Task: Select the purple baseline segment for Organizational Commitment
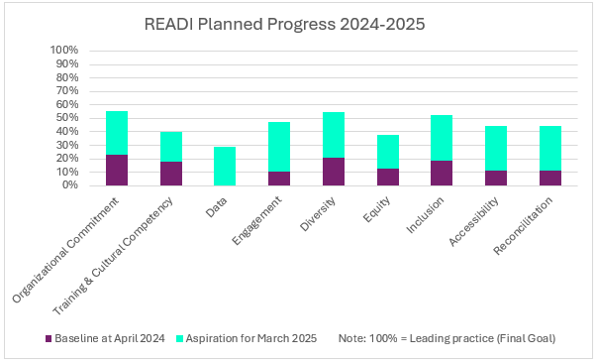pyautogui.click(x=117, y=170)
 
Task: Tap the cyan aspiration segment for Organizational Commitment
pyautogui.click(x=117, y=132)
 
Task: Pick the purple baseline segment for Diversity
pyautogui.click(x=334, y=172)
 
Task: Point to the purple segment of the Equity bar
pyautogui.click(x=388, y=177)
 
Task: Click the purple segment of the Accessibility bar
pyautogui.click(x=496, y=178)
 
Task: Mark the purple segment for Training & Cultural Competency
pyautogui.click(x=171, y=173)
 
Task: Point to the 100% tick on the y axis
pyautogui.click(x=64, y=51)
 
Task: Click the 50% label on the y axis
pyautogui.click(x=64, y=118)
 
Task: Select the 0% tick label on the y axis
pyautogui.click(x=68, y=185)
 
